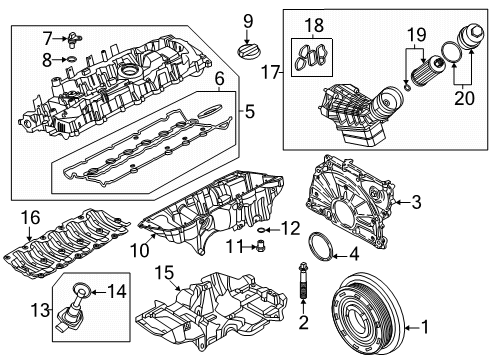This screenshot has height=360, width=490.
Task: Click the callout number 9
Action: click(x=248, y=21)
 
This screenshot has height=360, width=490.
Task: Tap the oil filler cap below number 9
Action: click(x=247, y=51)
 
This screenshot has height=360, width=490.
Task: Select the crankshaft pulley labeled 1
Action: click(x=367, y=313)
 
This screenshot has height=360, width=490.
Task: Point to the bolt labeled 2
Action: click(x=303, y=280)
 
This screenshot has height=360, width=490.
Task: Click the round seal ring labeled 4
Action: click(x=321, y=246)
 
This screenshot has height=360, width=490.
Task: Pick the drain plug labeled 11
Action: click(x=261, y=245)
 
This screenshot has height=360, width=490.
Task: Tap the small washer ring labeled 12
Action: click(x=261, y=230)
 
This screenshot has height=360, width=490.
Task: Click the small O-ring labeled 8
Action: click(x=72, y=59)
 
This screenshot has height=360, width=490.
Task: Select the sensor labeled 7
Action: click(x=73, y=39)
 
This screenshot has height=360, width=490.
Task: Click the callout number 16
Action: click(x=30, y=217)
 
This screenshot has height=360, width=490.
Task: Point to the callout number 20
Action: click(x=465, y=97)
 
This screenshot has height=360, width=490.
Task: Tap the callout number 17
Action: click(x=270, y=72)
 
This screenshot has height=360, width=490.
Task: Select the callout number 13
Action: click(x=40, y=310)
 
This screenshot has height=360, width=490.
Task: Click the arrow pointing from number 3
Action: click(x=402, y=202)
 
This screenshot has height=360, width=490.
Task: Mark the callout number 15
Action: click(x=165, y=273)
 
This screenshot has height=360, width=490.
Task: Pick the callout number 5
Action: click(x=250, y=111)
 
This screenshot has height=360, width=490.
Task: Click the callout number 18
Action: click(x=314, y=25)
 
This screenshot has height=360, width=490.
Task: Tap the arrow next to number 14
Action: click(x=98, y=293)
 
